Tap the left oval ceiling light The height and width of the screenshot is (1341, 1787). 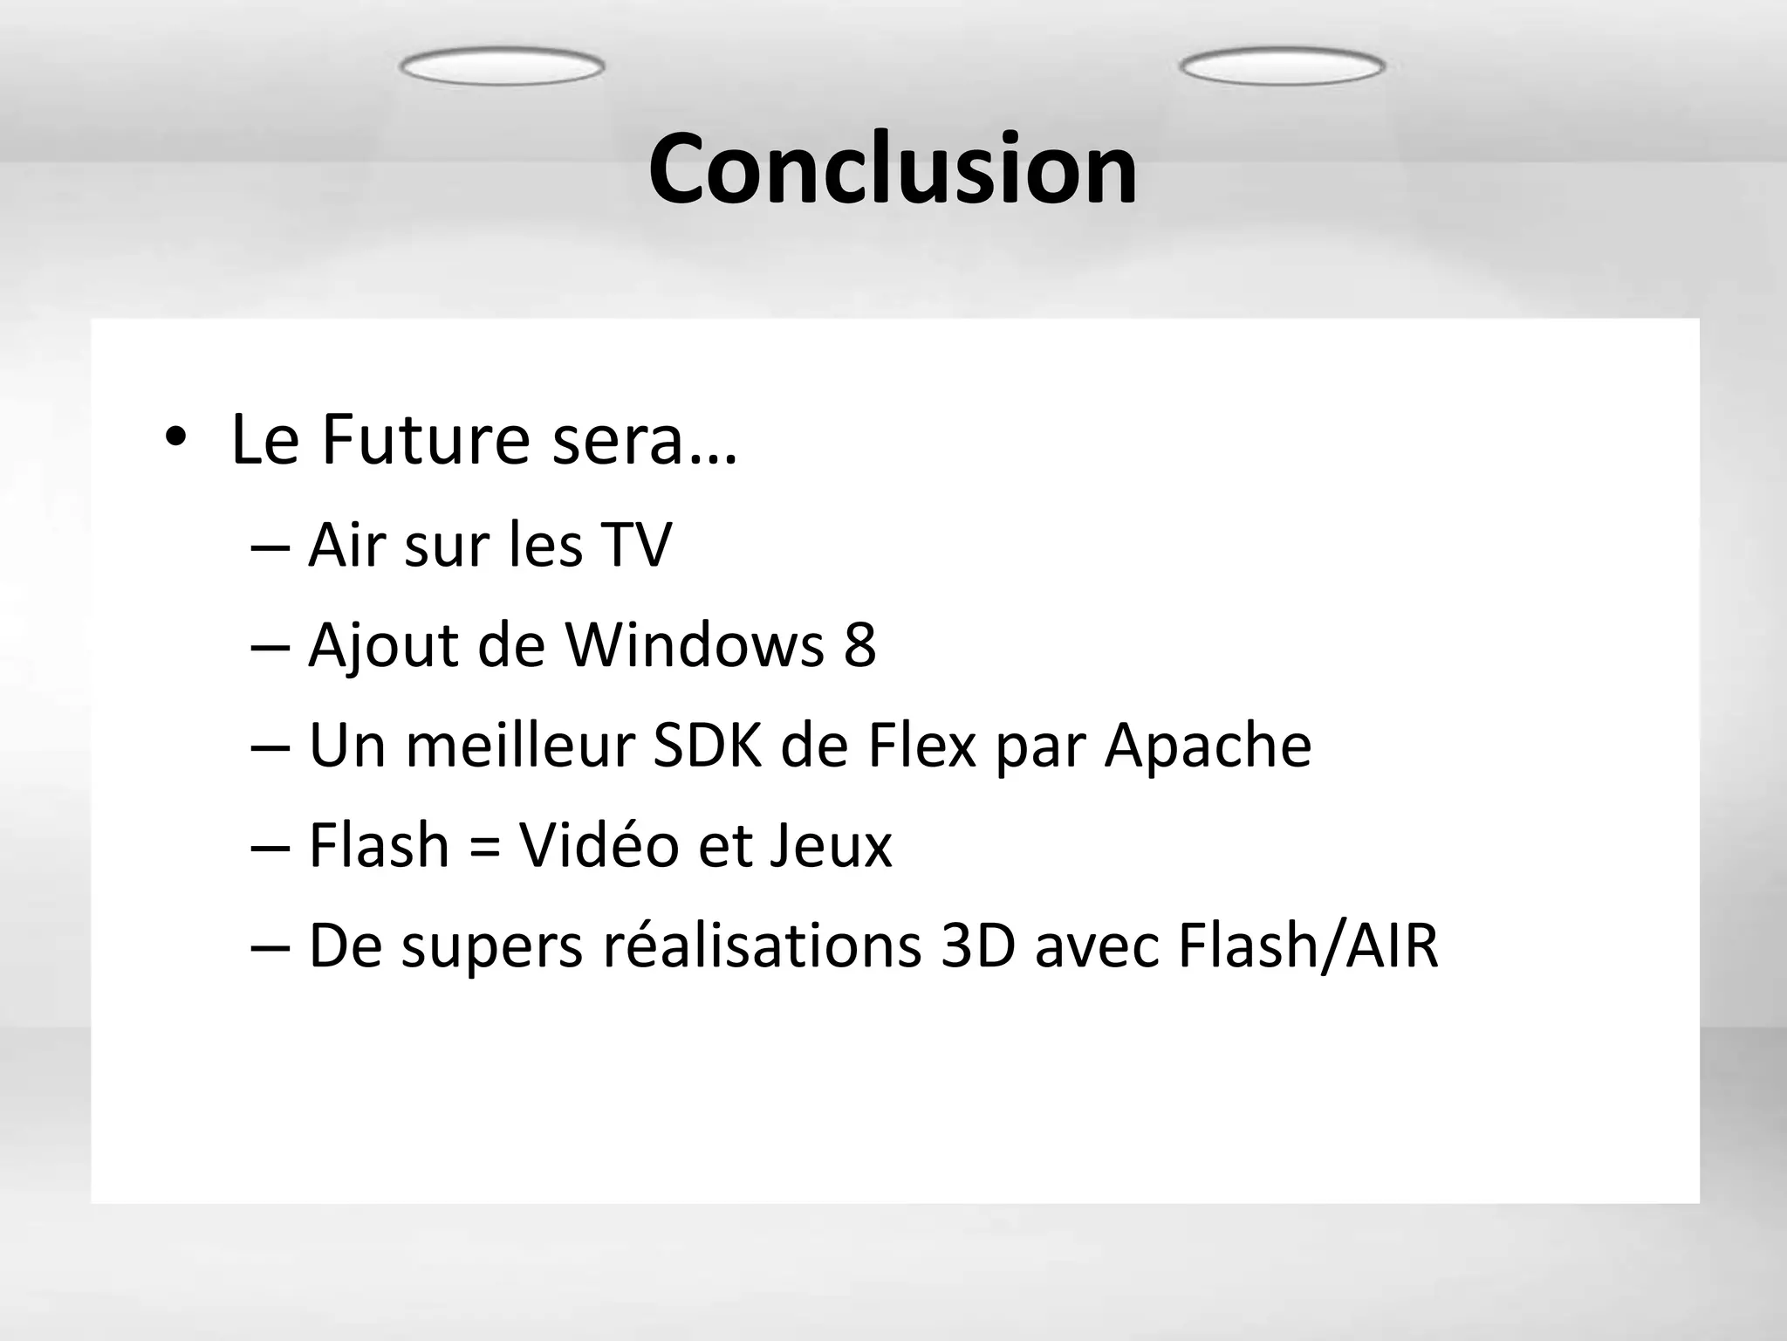pos(502,66)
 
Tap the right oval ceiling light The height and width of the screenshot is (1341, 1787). pos(1282,66)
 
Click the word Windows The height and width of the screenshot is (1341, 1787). pos(695,645)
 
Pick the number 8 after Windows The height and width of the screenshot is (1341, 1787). pos(859,645)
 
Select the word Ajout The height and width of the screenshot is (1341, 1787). pos(383,647)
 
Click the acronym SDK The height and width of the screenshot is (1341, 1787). pos(708,746)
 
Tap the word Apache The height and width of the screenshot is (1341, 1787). pos(1207,746)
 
